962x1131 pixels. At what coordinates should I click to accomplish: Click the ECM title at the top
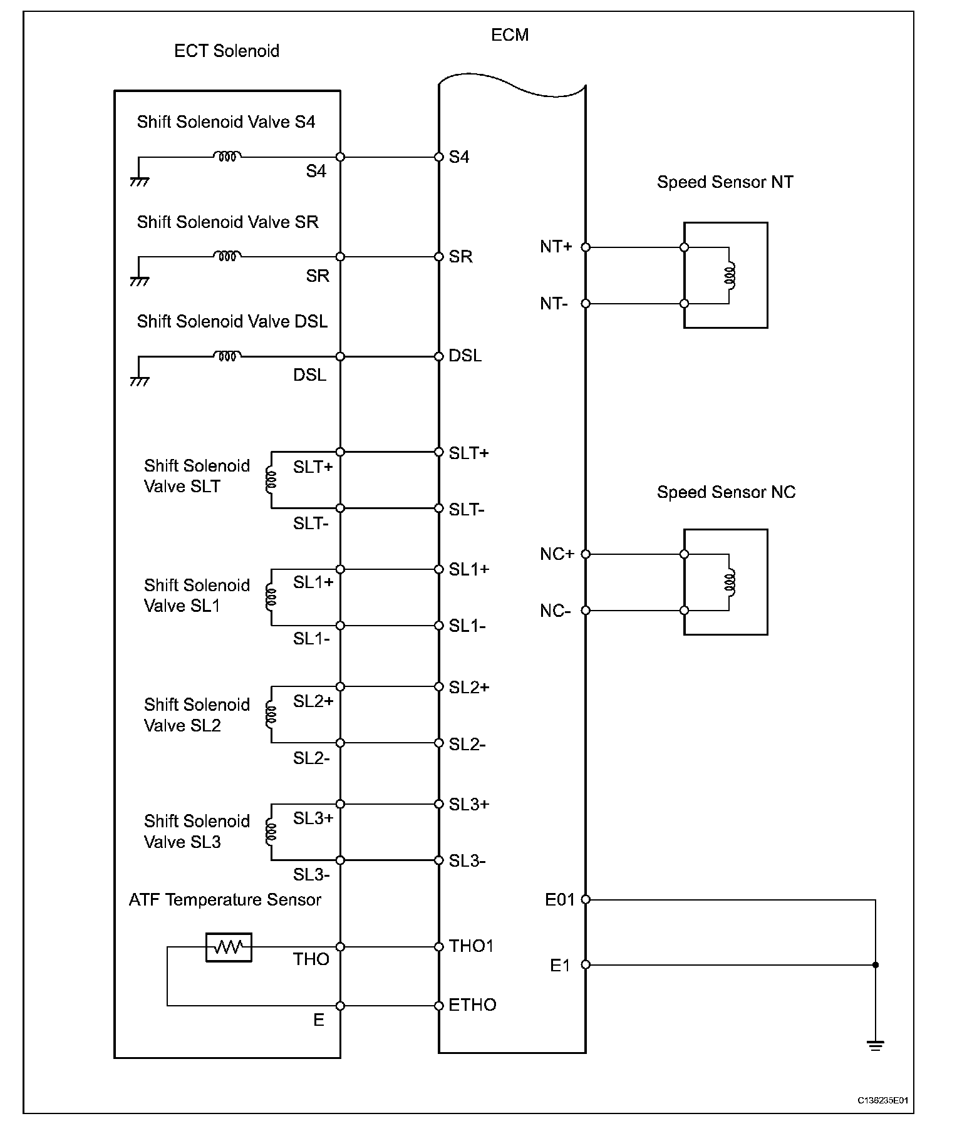point(509,35)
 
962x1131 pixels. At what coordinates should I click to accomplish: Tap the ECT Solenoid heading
point(226,51)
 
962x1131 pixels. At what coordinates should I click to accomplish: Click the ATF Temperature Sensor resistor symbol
point(229,947)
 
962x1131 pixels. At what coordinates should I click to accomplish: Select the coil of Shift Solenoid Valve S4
point(227,156)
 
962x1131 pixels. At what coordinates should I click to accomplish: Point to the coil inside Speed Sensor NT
point(730,276)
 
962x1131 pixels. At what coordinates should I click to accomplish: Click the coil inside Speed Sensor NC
point(730,582)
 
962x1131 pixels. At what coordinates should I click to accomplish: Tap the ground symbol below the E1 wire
point(876,1045)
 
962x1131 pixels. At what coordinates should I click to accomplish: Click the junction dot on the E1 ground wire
point(876,965)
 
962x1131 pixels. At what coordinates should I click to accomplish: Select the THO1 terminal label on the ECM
point(471,946)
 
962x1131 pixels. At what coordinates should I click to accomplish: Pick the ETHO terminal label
point(472,1005)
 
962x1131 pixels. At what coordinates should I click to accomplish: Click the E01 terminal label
point(559,900)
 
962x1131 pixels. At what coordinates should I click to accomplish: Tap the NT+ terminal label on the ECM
point(556,247)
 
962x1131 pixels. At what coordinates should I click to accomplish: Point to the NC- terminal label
point(555,611)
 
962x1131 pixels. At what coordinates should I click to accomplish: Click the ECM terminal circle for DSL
point(439,357)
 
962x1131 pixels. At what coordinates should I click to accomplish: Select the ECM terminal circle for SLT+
point(439,452)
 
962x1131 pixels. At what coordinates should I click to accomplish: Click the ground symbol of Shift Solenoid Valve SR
point(139,281)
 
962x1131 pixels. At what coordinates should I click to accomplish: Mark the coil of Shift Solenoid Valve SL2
point(271,715)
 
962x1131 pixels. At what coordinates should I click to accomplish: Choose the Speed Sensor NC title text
point(726,492)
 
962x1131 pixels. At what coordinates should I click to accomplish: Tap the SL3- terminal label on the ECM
point(467,861)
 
